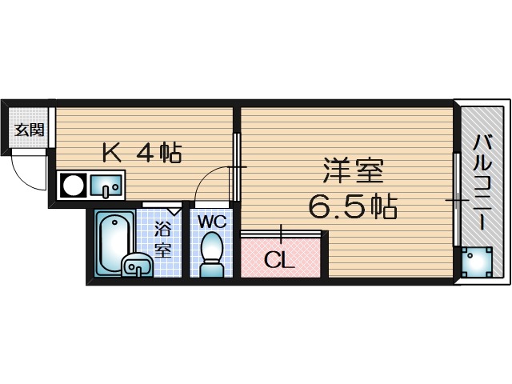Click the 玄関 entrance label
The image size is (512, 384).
point(29,130)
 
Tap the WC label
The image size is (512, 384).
point(211,220)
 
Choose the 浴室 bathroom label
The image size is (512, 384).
point(163,238)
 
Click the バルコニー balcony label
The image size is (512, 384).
point(482,183)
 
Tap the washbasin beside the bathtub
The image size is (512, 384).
point(138,265)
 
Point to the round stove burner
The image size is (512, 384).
point(74,186)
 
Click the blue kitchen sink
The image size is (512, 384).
point(105,186)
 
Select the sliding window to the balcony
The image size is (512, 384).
point(455,200)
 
